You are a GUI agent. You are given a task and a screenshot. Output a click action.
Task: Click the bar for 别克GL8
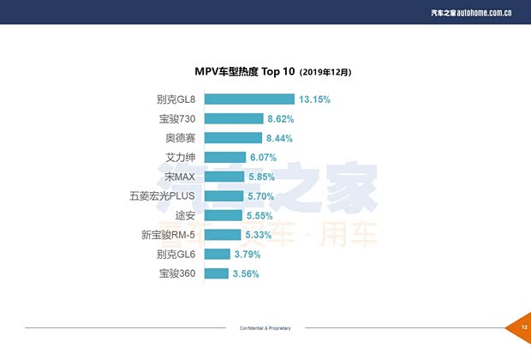point(249,99)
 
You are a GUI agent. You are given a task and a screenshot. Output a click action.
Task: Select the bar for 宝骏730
point(234,118)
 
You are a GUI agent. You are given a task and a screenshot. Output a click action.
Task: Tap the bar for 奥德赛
point(233,138)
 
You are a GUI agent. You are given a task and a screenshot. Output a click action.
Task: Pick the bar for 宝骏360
point(216,273)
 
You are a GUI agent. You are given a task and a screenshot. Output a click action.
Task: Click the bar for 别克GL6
point(217,254)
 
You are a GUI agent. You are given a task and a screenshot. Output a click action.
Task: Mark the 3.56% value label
point(245,273)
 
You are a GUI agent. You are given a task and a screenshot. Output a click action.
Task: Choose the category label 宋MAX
point(181,177)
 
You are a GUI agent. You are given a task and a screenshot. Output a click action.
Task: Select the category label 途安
point(186,215)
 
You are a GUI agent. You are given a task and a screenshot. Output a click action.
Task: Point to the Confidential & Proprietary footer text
point(265,328)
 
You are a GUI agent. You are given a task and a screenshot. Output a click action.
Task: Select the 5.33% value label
point(258,235)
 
